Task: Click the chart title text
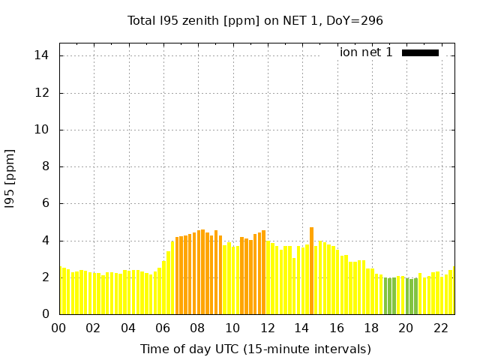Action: click(255, 20)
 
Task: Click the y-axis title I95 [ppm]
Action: click(10, 178)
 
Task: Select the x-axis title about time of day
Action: click(255, 349)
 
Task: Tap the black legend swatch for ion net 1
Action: click(420, 52)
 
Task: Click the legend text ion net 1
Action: click(366, 52)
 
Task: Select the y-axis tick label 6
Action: click(45, 203)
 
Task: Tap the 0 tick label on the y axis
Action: click(45, 314)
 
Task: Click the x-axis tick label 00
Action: click(58, 328)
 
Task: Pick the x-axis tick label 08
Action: click(197, 328)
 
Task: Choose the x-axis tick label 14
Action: click(301, 328)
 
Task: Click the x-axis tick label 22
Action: click(440, 328)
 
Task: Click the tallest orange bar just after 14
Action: click(311, 271)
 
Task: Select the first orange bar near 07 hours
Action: click(177, 275)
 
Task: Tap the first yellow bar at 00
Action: click(61, 291)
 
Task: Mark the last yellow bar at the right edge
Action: click(452, 291)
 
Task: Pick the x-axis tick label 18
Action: click(370, 328)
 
